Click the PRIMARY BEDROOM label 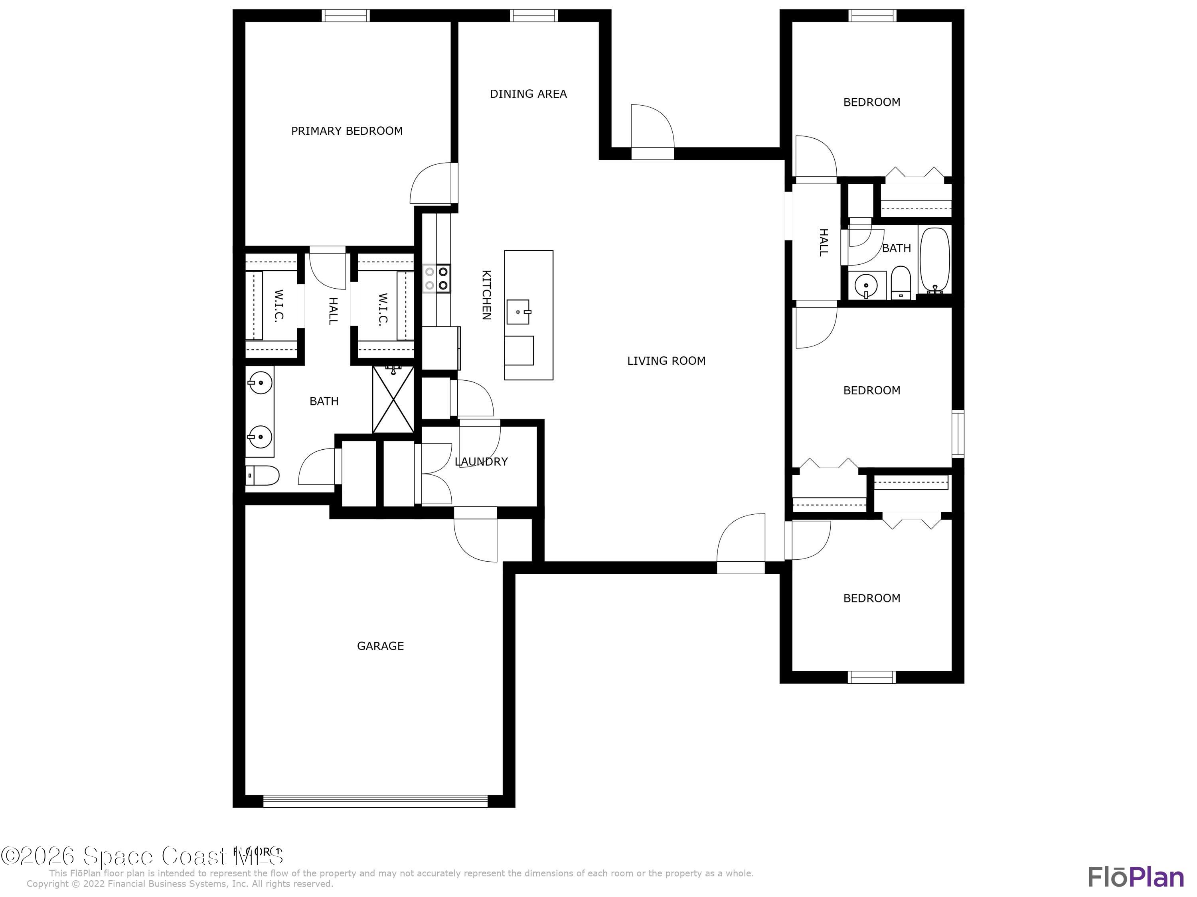[347, 131]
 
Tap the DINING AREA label [528, 94]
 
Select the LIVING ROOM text [666, 361]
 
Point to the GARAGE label [380, 645]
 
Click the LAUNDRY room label [481, 462]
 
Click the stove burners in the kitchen [437, 278]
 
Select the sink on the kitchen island [518, 312]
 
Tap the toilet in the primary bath [263, 475]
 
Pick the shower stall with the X [393, 399]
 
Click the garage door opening [375, 801]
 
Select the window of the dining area [533, 16]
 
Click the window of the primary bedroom [346, 16]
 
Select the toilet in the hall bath [901, 282]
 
